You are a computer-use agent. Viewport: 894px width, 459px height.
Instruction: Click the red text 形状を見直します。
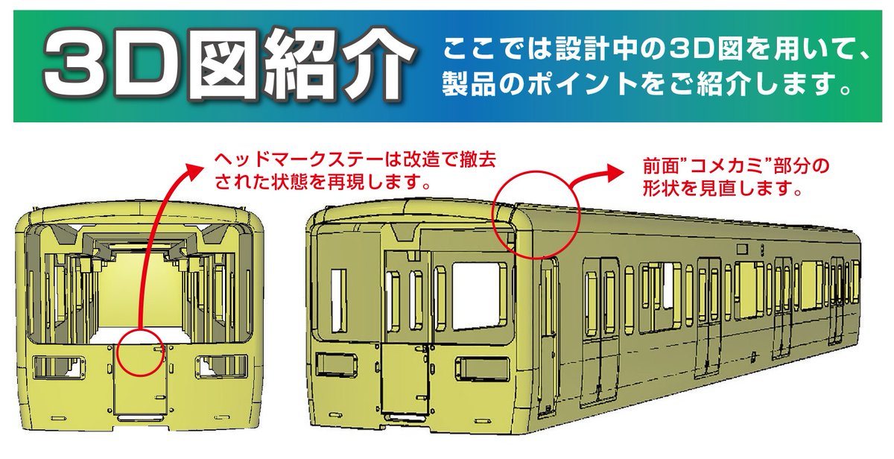[722, 189]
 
